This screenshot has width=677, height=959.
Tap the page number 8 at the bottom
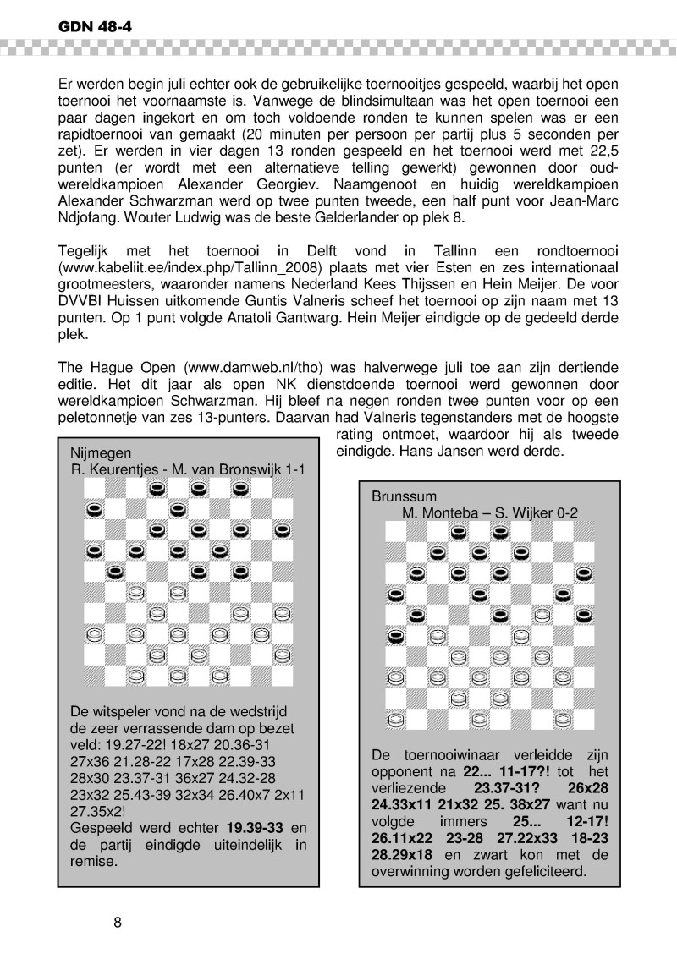click(118, 921)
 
